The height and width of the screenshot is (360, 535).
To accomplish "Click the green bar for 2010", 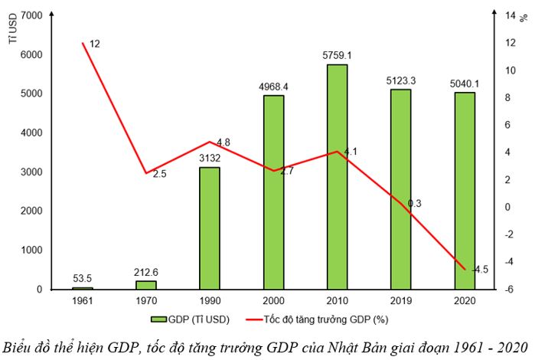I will point(338,177).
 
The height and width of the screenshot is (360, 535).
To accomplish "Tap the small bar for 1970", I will point(145,284).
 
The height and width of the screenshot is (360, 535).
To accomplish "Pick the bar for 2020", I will point(465,191).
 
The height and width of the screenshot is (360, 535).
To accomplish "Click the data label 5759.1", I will point(338,55).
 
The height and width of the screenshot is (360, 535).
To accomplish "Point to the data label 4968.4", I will point(274,86).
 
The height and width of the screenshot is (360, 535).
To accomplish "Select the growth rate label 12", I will point(95,44).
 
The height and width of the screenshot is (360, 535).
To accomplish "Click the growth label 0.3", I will point(414,204).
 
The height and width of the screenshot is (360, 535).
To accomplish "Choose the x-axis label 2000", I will point(273,301).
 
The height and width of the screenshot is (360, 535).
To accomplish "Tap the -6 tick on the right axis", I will point(507,289).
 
